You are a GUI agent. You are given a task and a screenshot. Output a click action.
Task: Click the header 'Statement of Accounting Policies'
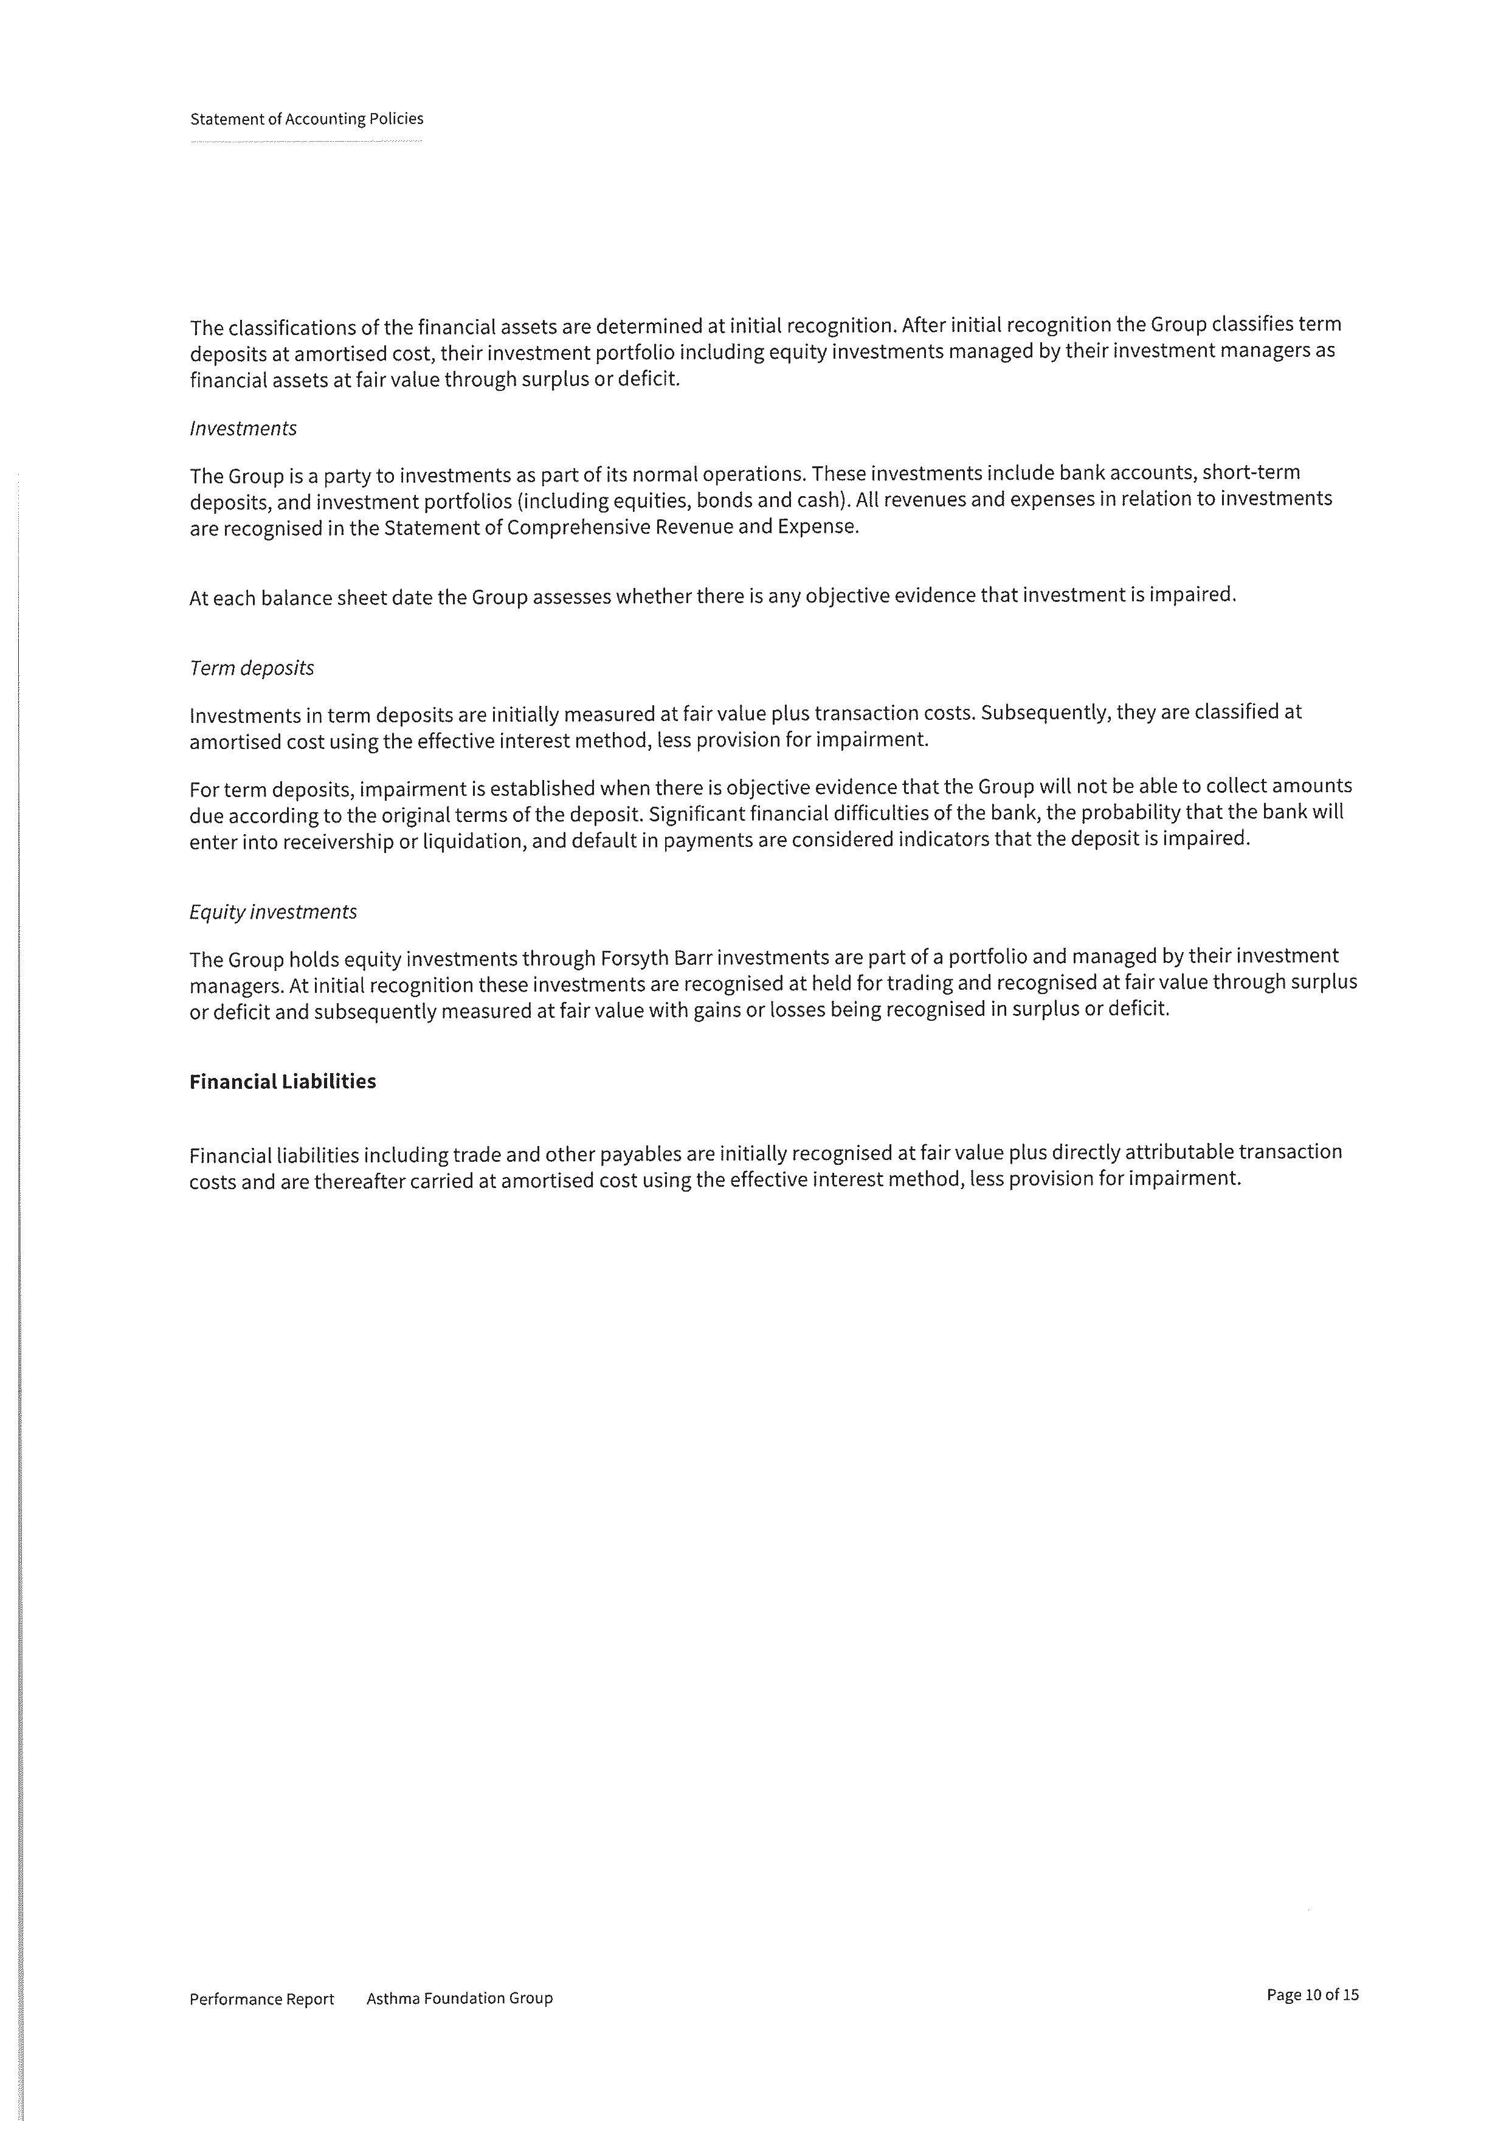(306, 119)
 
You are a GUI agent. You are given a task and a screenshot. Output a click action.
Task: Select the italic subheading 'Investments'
(243, 429)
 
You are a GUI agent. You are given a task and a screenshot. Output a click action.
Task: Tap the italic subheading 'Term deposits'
(252, 668)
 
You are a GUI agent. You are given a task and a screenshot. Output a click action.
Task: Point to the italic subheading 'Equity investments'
(273, 912)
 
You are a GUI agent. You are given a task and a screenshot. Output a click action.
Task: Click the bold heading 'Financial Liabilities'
(283, 1082)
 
